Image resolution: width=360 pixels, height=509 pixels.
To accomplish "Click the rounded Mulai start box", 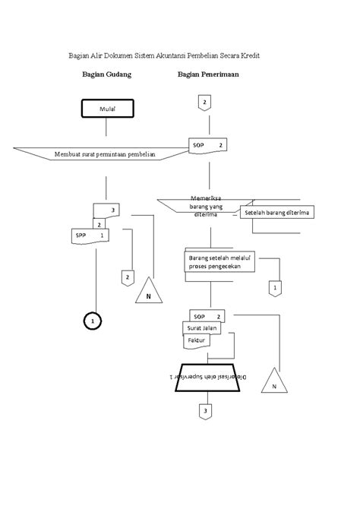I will point(106,109).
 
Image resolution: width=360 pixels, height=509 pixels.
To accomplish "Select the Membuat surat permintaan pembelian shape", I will point(105,154).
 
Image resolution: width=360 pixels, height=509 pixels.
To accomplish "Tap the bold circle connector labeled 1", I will point(93,321).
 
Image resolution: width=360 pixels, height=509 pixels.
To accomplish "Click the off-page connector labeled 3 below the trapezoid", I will point(204,412).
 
